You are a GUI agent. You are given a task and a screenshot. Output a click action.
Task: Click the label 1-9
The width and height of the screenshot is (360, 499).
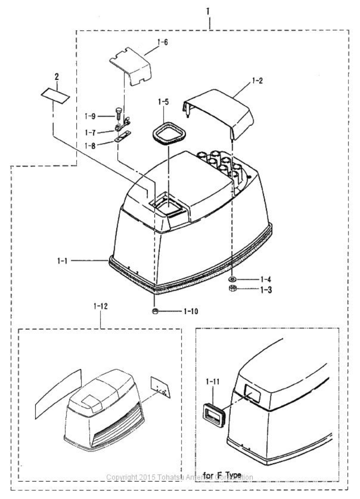91,116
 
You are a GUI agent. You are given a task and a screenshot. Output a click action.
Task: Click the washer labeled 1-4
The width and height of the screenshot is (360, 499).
231,279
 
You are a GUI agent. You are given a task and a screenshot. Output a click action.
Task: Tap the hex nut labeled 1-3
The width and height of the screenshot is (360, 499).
232,289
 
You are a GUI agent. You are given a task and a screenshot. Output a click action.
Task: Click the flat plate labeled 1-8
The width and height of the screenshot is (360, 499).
123,141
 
